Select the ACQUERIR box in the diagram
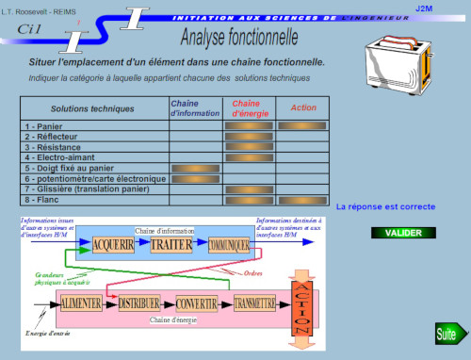120,245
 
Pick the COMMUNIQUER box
229,245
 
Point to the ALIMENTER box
82,303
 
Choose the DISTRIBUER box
139,303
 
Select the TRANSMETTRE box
254,303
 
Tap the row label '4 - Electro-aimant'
62,157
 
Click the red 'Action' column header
303,107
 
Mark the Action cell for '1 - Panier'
303,125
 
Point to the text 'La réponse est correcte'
385,206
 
